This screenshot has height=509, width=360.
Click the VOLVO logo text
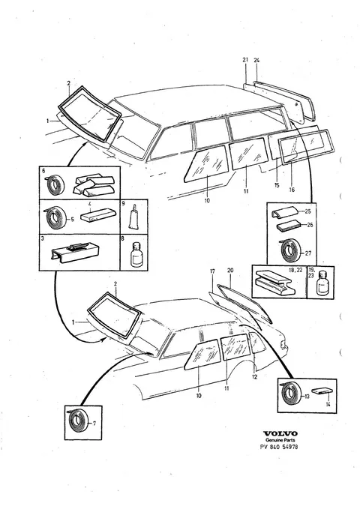point(280,433)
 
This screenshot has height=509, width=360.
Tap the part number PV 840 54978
point(279,447)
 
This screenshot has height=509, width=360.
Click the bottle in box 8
point(136,256)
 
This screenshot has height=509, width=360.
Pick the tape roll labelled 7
point(77,422)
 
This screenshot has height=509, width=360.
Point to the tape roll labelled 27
point(289,251)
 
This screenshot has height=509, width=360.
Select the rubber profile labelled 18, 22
point(275,281)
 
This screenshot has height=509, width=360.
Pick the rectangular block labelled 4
point(96,217)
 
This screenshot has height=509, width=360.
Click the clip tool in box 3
point(75,252)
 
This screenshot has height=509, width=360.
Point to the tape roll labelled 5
point(55,217)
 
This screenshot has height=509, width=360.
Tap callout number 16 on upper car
point(292,190)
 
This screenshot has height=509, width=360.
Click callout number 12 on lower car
point(254,377)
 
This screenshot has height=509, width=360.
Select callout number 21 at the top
point(245,60)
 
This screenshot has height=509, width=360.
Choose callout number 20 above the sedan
point(230,270)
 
